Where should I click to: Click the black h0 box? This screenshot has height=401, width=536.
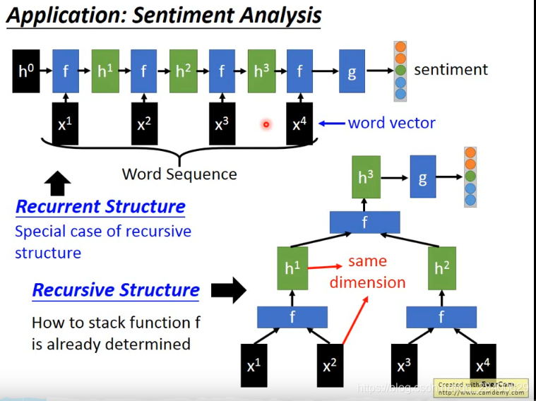(x=26, y=71)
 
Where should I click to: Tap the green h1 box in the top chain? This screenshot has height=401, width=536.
(x=105, y=71)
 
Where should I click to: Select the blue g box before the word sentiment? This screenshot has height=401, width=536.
(x=352, y=71)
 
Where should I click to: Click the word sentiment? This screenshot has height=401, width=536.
(x=451, y=69)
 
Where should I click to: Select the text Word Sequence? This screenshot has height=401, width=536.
(x=179, y=174)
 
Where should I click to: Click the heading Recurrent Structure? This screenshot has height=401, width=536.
(x=100, y=207)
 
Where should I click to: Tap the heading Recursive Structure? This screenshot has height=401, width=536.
(x=116, y=290)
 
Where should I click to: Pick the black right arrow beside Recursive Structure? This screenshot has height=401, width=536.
(x=228, y=289)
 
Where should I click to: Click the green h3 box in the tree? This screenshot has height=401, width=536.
(x=365, y=177)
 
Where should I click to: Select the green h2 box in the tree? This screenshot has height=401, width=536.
(x=441, y=269)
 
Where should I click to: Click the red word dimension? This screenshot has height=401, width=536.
(x=367, y=282)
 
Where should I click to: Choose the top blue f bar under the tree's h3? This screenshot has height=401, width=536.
(x=364, y=223)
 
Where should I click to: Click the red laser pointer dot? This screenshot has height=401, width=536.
(x=266, y=124)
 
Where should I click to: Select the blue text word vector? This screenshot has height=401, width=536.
(x=392, y=123)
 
